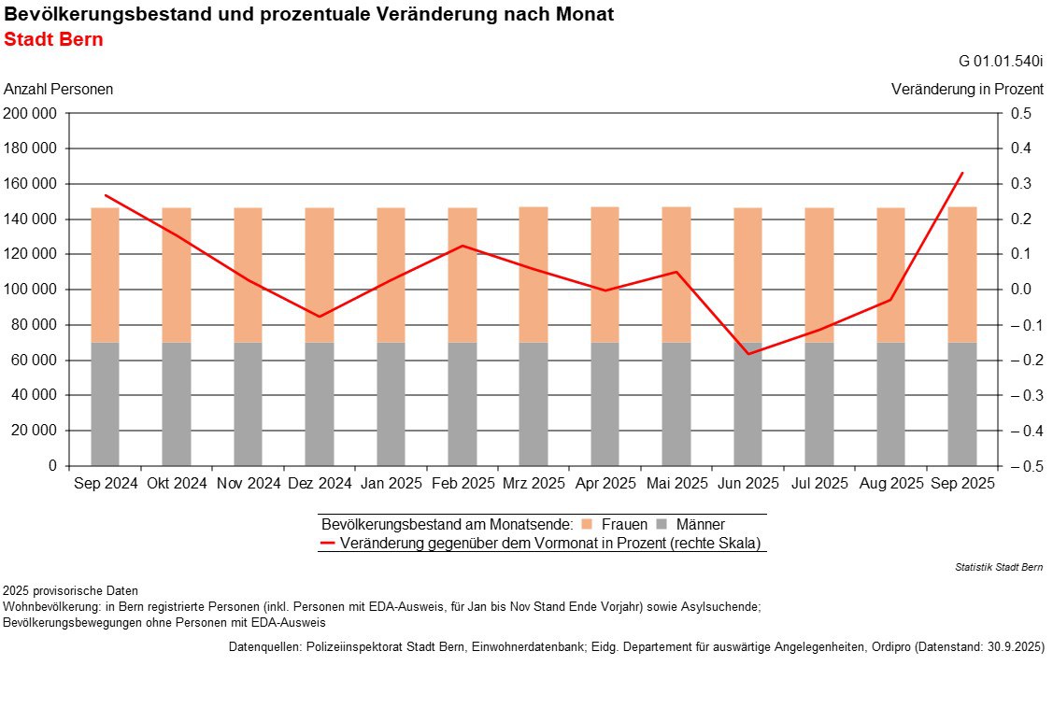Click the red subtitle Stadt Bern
(53, 40)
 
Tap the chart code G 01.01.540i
(1001, 62)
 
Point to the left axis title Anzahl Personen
(59, 90)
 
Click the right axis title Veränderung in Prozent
(967, 90)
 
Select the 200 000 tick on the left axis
(31, 114)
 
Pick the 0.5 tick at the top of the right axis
(1020, 114)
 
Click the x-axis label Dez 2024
(320, 484)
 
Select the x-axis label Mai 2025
(676, 484)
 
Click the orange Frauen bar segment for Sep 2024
(105, 276)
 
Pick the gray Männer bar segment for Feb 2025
(462, 403)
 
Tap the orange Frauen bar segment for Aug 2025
(890, 276)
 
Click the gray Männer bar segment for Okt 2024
(177, 403)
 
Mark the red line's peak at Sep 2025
(962, 173)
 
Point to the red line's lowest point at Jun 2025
(747, 354)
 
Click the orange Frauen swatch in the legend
(586, 525)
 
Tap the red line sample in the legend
(327, 543)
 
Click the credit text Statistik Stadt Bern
(999, 567)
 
